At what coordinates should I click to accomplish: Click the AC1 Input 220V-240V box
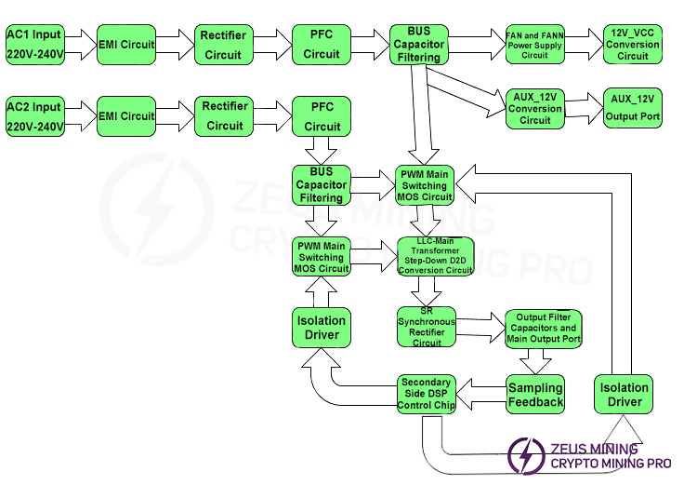(33, 44)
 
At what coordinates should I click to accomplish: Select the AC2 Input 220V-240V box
(33, 115)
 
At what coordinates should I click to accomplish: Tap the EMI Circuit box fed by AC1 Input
(126, 44)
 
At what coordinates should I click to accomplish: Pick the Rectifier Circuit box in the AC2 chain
(224, 115)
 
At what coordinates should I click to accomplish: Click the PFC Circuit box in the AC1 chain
(322, 44)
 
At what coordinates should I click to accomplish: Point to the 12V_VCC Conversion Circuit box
(633, 44)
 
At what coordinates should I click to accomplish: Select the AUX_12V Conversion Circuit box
(534, 108)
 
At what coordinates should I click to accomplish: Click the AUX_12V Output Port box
(633, 107)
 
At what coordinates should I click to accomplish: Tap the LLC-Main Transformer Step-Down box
(436, 257)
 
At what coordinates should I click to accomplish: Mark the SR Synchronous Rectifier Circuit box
(427, 327)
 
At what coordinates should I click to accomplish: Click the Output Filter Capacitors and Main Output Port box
(543, 328)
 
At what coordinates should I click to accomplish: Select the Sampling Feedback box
(535, 394)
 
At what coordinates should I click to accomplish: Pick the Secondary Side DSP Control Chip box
(426, 394)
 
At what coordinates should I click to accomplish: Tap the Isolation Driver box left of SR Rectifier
(322, 327)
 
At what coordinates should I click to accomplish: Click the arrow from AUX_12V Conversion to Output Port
(584, 107)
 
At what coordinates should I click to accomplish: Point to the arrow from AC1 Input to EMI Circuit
(79, 44)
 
